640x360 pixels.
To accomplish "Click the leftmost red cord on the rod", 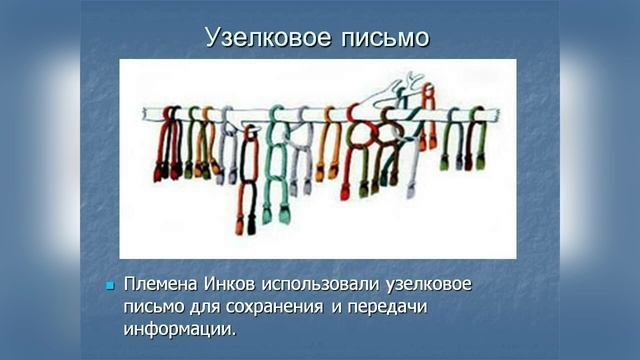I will click(x=163, y=145).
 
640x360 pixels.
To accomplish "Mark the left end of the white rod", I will click(x=146, y=114).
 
